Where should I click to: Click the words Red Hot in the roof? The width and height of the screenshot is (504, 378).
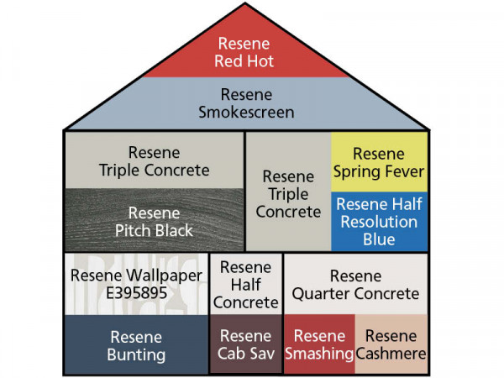pos(244,61)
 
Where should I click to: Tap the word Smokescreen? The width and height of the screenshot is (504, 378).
pos(246,113)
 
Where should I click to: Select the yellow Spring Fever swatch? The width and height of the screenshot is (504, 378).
pos(380,162)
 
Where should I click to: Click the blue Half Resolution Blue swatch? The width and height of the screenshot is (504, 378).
pos(380,222)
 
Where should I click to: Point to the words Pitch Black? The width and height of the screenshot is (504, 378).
pos(154,230)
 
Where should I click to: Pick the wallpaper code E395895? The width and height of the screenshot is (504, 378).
pos(137,293)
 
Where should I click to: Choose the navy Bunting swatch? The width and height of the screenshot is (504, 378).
pos(137,344)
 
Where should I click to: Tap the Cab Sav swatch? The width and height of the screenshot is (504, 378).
pos(246,344)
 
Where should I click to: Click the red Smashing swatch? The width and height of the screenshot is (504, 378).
pos(319,344)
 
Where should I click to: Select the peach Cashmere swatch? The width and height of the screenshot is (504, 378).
pos(391,344)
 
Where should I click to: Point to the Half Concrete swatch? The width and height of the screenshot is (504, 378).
pos(246,284)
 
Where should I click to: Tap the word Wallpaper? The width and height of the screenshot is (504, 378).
pos(165,276)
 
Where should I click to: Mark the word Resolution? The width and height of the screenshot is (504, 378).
pos(380,222)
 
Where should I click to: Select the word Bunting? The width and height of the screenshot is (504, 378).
pos(136,355)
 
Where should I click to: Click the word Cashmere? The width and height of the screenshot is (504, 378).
pos(391,354)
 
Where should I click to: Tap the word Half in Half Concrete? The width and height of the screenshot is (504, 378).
pos(246,285)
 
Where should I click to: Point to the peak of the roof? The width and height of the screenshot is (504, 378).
pos(245,3)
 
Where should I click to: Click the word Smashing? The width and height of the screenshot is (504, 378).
pos(319,354)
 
